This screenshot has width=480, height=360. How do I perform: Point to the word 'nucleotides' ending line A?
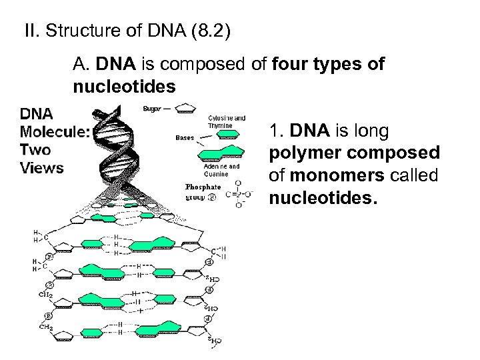[125, 87]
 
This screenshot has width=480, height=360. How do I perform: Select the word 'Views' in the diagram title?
[42, 167]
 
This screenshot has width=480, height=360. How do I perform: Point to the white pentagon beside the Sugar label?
[185, 109]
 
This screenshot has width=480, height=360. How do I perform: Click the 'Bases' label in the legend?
[185, 138]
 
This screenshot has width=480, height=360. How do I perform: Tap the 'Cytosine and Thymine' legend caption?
[227, 121]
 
